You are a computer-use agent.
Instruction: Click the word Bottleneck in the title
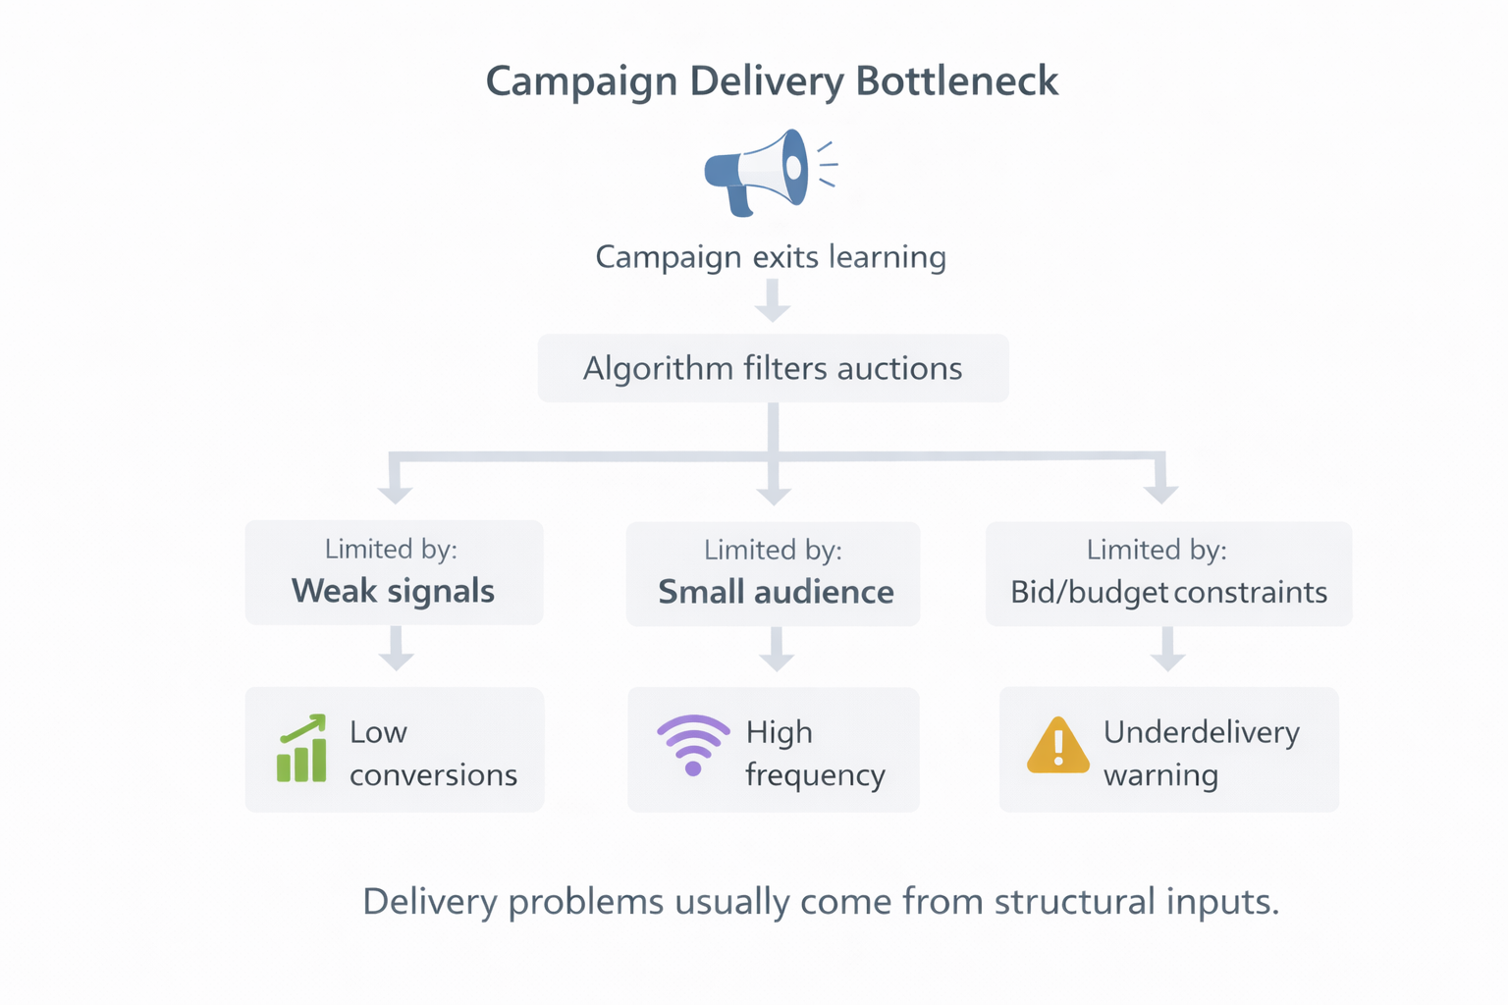[x=956, y=80]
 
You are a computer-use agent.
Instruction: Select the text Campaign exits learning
[x=771, y=257]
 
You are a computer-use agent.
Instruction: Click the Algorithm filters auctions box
[x=773, y=368]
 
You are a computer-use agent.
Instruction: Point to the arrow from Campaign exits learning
[x=773, y=300]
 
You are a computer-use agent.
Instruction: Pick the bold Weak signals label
[x=393, y=591]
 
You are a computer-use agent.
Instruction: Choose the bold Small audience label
[x=776, y=592]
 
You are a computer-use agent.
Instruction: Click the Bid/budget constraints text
[x=1168, y=592]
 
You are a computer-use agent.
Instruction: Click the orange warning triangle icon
[x=1057, y=746]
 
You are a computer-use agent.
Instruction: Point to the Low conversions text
[x=432, y=754]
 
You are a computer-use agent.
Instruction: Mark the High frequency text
[x=815, y=754]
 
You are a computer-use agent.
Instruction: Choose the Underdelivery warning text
[x=1201, y=754]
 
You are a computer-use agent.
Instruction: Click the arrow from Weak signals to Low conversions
[x=396, y=650]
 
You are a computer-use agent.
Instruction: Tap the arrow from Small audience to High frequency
[x=776, y=650]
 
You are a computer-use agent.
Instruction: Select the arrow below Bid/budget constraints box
[x=1167, y=650]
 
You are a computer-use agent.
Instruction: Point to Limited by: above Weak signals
[x=391, y=549]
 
